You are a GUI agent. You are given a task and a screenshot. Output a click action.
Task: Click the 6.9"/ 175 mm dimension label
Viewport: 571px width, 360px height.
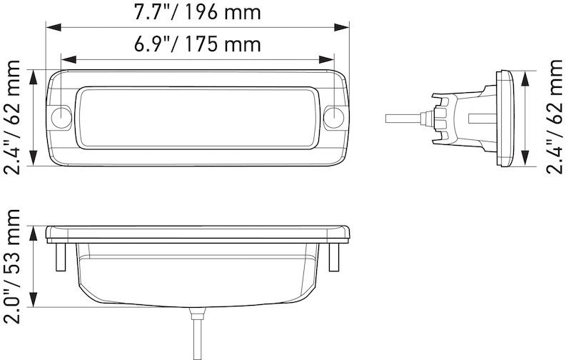(198, 44)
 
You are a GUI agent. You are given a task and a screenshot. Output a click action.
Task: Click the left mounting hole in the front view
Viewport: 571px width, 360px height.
(62, 118)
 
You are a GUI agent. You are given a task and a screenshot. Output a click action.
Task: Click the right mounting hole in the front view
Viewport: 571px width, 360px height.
(333, 118)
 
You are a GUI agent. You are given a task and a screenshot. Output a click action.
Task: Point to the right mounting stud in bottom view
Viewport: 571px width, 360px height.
(333, 256)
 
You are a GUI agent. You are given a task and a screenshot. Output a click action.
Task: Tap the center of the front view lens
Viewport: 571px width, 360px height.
(198, 118)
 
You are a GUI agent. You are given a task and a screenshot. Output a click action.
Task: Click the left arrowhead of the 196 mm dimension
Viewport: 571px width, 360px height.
(52, 27)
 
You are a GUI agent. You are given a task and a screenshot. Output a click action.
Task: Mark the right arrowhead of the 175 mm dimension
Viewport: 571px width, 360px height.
(328, 60)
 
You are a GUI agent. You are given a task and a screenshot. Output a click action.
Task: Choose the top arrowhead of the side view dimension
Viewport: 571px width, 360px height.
(526, 76)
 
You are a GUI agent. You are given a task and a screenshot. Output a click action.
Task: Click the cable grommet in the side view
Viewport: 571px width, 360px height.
(433, 117)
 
